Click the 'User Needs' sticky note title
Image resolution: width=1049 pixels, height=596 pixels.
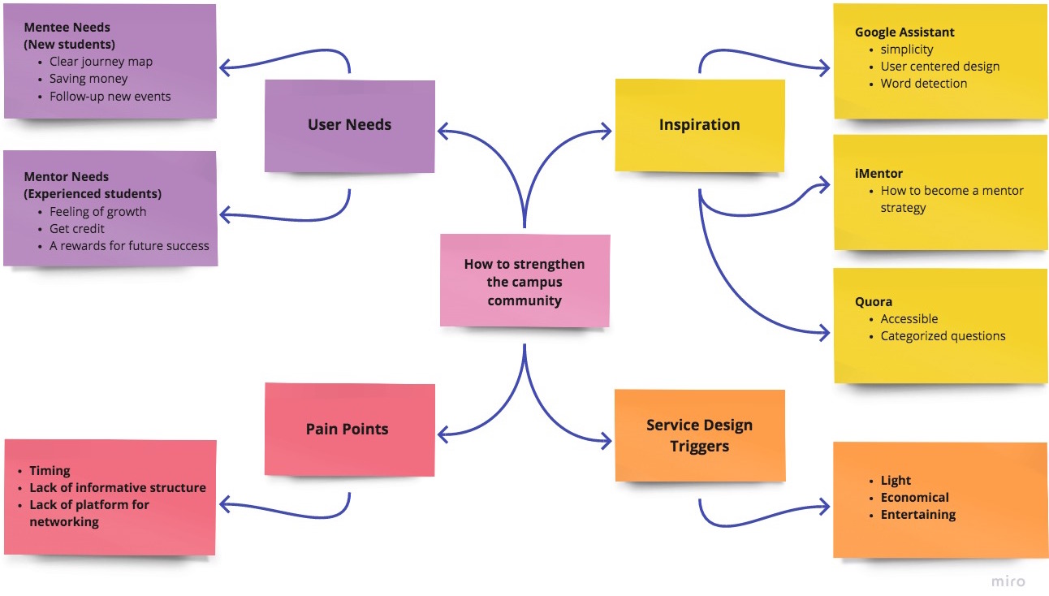pos(349,124)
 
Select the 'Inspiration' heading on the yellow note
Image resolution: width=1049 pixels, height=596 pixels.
pos(700,124)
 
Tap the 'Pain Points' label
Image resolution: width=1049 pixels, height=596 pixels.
pos(347,429)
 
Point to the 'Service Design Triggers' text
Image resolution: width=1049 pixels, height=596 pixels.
pos(700,435)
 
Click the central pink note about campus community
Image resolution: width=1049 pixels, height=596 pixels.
pos(525,280)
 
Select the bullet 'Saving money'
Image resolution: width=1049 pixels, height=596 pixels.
pos(88,79)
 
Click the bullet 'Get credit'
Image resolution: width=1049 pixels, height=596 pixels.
pos(77,228)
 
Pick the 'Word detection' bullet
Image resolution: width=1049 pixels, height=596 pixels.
pos(923,84)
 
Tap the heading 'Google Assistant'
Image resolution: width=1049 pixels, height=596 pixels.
pos(904,32)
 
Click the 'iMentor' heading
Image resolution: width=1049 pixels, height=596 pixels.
pos(878,173)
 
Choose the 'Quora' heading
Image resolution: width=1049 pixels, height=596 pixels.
pos(874,301)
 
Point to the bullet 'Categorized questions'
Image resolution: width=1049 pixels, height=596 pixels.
pos(943,336)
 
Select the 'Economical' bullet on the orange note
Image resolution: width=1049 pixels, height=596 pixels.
pos(914,497)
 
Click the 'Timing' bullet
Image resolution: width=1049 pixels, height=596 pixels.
pos(50,470)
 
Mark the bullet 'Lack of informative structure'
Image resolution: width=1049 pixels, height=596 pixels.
pos(118,488)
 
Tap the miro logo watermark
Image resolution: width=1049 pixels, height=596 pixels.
pos(1008,581)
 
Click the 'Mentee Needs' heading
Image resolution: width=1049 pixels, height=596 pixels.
pos(67,27)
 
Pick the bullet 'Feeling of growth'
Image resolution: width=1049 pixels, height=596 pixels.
pos(98,212)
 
